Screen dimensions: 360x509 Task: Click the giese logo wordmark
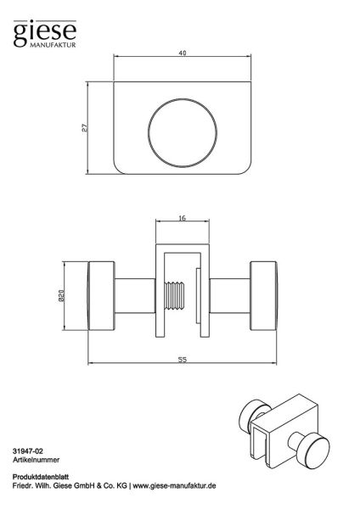(x=45, y=32)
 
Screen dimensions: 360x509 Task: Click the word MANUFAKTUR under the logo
(x=53, y=45)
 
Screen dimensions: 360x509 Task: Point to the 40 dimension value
(x=183, y=53)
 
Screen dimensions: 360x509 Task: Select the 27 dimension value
(x=84, y=127)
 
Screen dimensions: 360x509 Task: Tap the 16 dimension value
(x=183, y=218)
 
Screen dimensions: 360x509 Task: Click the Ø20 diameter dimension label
(x=62, y=296)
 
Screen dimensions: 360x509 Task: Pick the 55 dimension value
(x=183, y=360)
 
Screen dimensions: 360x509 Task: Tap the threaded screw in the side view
(x=174, y=296)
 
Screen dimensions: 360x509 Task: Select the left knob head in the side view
(x=101, y=296)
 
